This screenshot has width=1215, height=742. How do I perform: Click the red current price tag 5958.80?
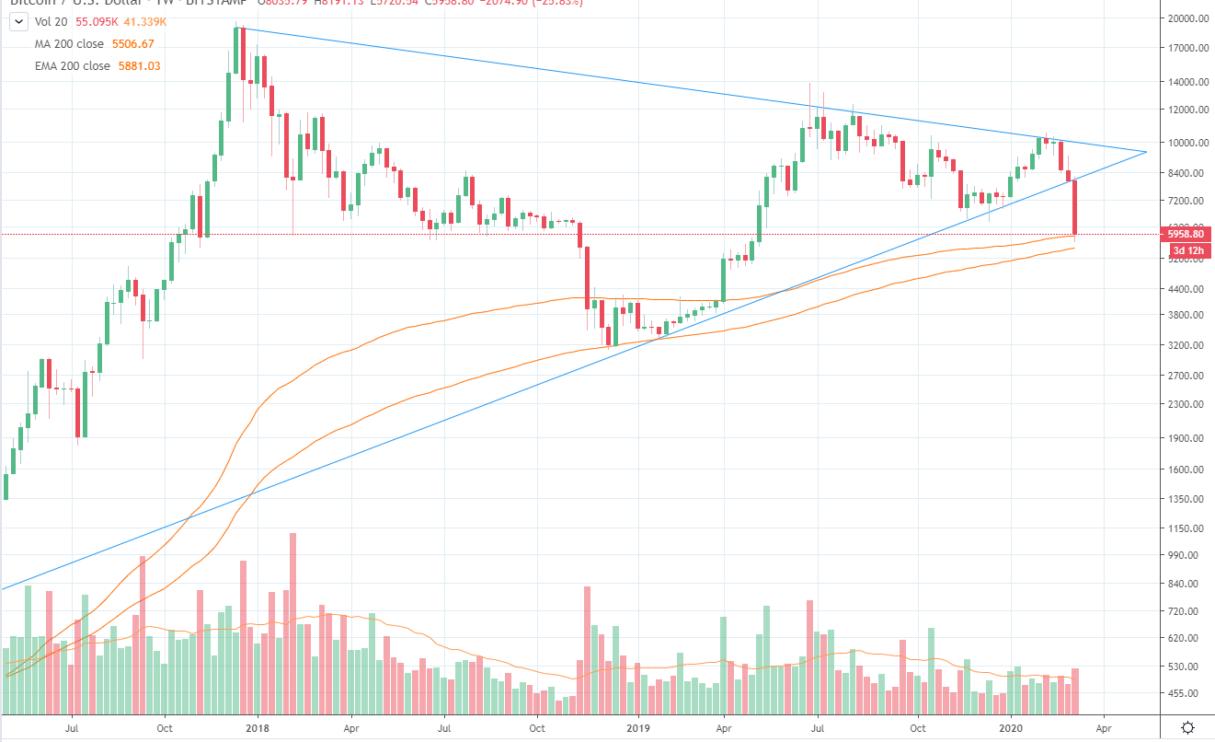[x=1186, y=234]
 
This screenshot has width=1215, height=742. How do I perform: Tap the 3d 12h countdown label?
[x=1186, y=249]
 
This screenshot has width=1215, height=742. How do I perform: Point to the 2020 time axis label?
[x=1011, y=727]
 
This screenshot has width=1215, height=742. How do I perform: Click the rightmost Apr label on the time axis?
[x=1104, y=727]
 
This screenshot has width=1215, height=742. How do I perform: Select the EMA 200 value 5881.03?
[x=140, y=66]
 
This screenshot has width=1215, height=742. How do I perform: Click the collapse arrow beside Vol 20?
[x=15, y=22]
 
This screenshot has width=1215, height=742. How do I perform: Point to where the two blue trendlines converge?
[x=1147, y=151]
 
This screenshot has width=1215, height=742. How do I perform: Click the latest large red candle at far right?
[x=1074, y=207]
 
